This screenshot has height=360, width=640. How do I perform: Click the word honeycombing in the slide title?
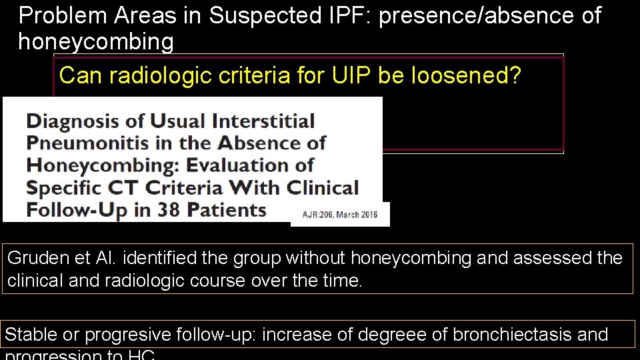coord(95,42)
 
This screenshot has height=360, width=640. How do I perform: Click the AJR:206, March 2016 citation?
coord(340,215)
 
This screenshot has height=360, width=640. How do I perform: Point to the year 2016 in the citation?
coord(366,215)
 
